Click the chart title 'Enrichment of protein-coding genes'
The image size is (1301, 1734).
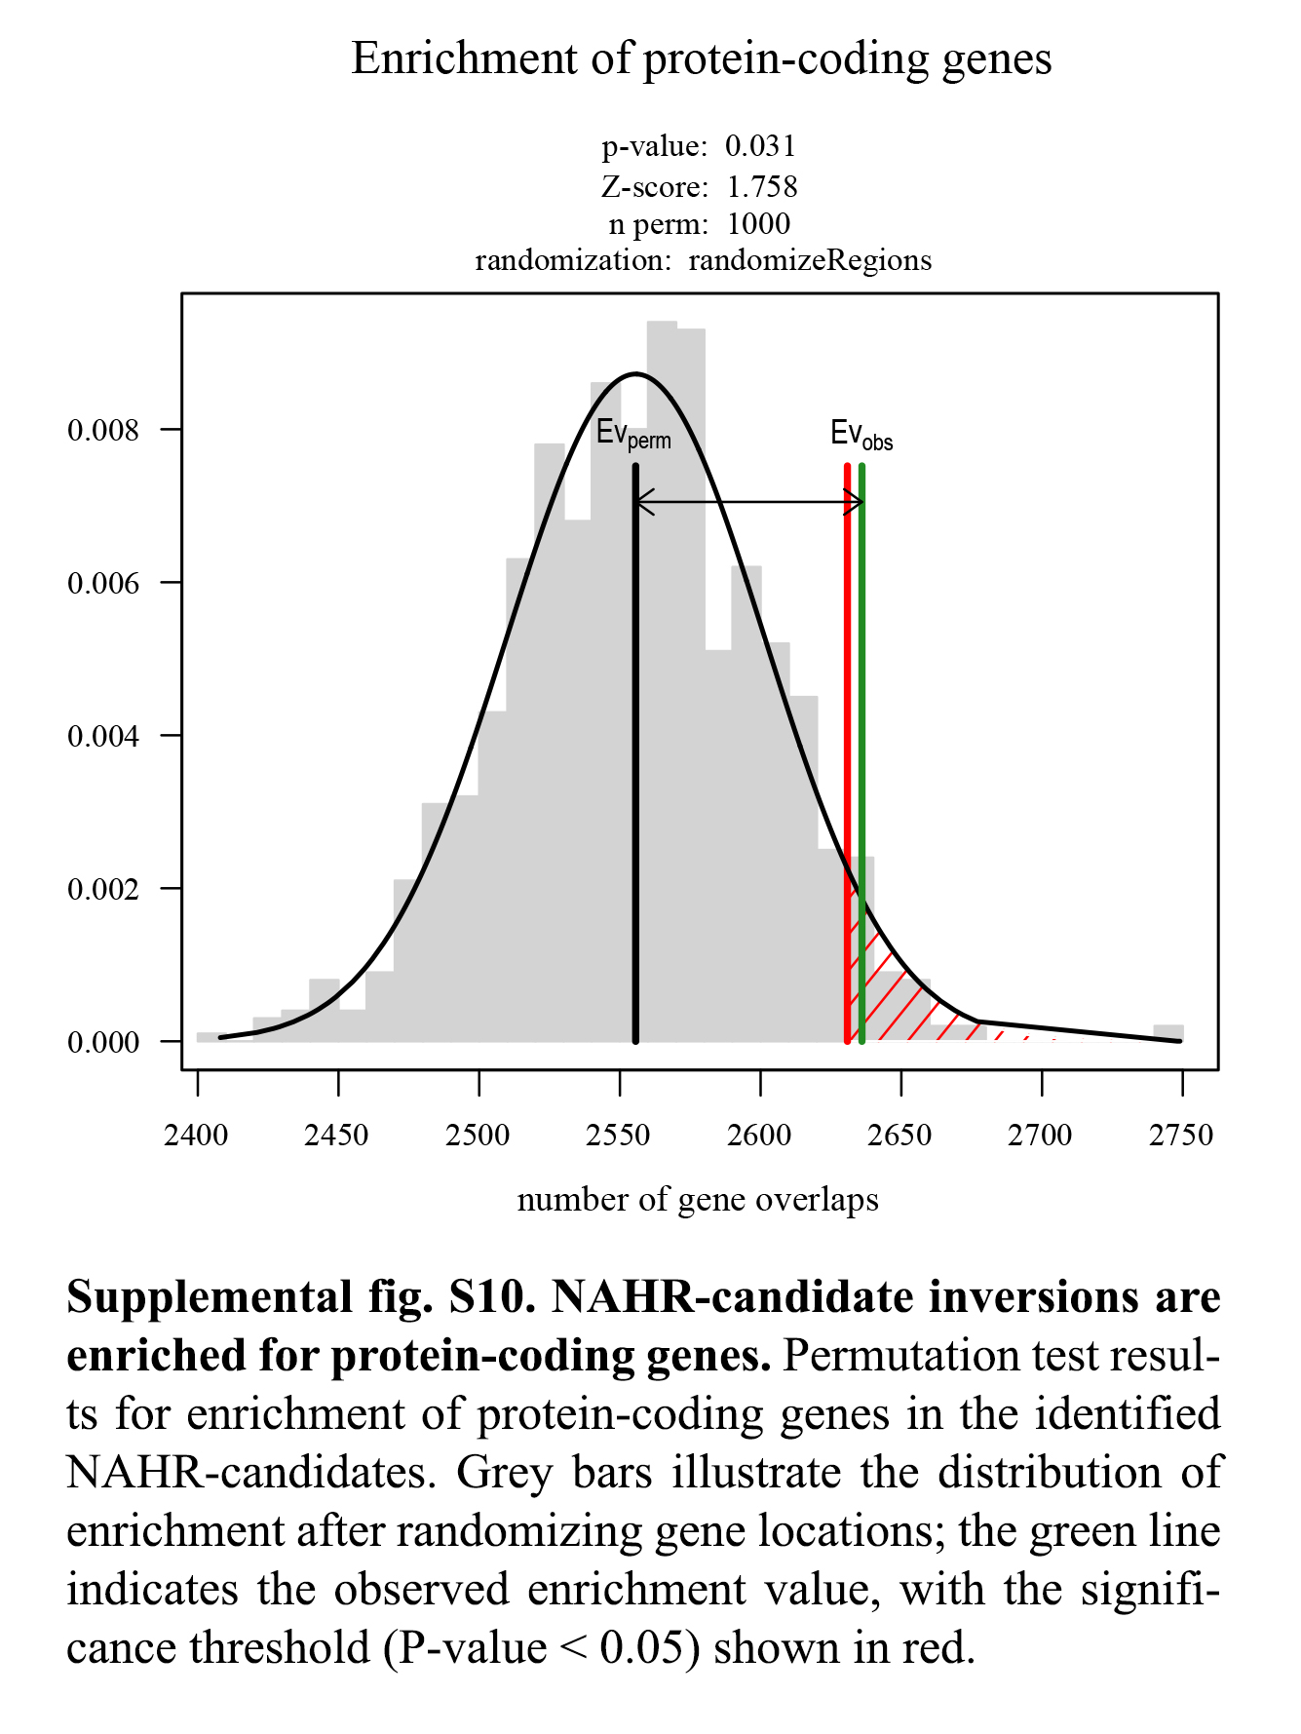[x=702, y=58]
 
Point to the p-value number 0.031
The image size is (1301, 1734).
[x=760, y=146]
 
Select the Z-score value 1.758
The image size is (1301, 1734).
[x=762, y=186]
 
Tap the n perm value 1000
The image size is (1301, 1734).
[x=758, y=224]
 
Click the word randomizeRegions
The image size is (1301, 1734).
[x=810, y=261]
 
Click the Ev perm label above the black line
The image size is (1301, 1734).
[x=633, y=435]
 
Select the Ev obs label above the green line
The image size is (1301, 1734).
[x=861, y=435]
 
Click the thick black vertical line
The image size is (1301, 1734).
[x=635, y=780]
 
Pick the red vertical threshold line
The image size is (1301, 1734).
[x=847, y=682]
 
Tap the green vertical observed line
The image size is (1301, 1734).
[x=862, y=682]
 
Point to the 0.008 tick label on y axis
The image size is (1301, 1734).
[x=103, y=430]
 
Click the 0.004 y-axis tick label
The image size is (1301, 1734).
[x=103, y=736]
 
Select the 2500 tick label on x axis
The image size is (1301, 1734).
[x=478, y=1136]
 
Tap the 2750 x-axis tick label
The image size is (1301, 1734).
[x=1181, y=1136]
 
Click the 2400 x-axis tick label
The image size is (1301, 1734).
[x=197, y=1136]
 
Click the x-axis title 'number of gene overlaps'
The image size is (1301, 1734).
[x=698, y=1200]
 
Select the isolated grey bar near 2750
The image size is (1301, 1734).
[x=1168, y=1033]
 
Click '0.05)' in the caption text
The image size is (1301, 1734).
[x=650, y=1648]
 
